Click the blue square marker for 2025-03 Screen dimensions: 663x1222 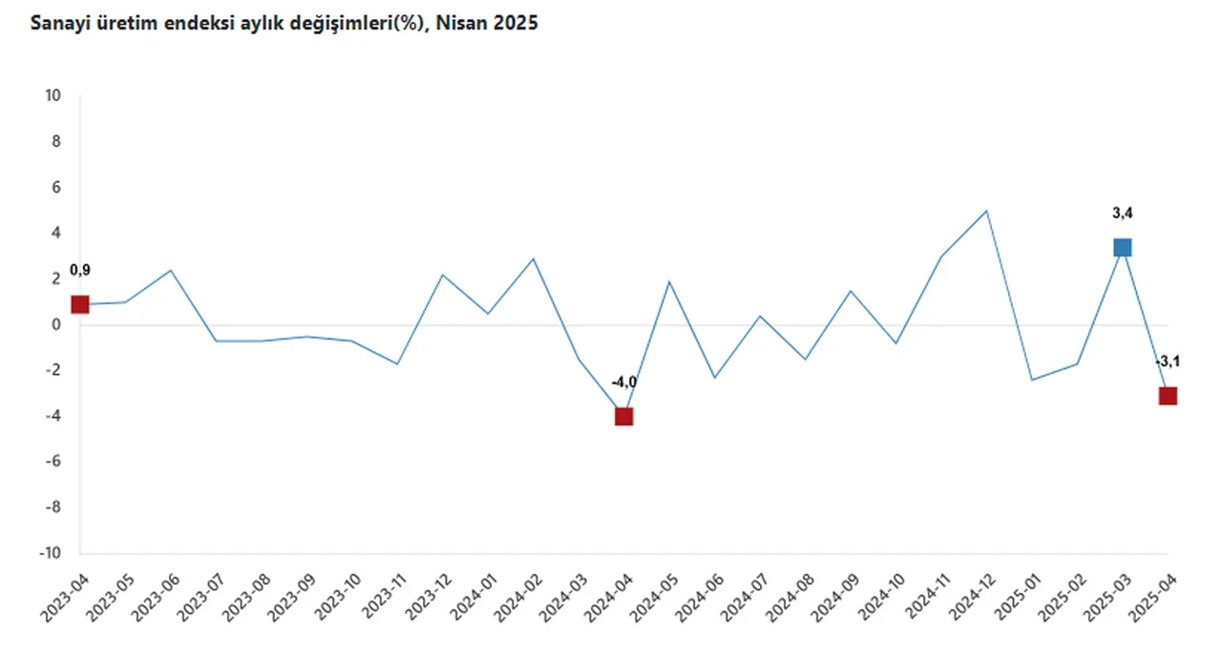pos(1122,248)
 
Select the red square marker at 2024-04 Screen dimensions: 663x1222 pos(623,416)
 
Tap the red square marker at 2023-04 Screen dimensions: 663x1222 pos(79,304)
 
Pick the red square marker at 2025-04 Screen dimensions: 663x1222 pos(1168,396)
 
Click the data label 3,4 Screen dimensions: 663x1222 pos(1122,214)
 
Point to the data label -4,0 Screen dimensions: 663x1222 pos(623,383)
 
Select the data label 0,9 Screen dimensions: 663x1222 pos(79,271)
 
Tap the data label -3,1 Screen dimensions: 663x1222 pos(1168,363)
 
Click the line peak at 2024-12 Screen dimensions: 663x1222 pos(986,211)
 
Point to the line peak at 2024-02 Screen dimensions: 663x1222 pos(533,259)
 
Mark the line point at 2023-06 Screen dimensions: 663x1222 pos(170,270)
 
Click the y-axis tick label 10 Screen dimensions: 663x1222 pos(53,95)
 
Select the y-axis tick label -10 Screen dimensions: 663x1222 pos(50,553)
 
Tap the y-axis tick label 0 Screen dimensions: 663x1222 pos(56,324)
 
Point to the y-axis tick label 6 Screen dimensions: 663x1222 pos(56,187)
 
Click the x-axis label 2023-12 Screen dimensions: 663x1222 pos(429,598)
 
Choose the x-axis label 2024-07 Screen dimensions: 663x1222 pos(747,598)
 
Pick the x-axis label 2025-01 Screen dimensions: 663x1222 pos(1019,598)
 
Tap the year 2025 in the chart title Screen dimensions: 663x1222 pos(516,25)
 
